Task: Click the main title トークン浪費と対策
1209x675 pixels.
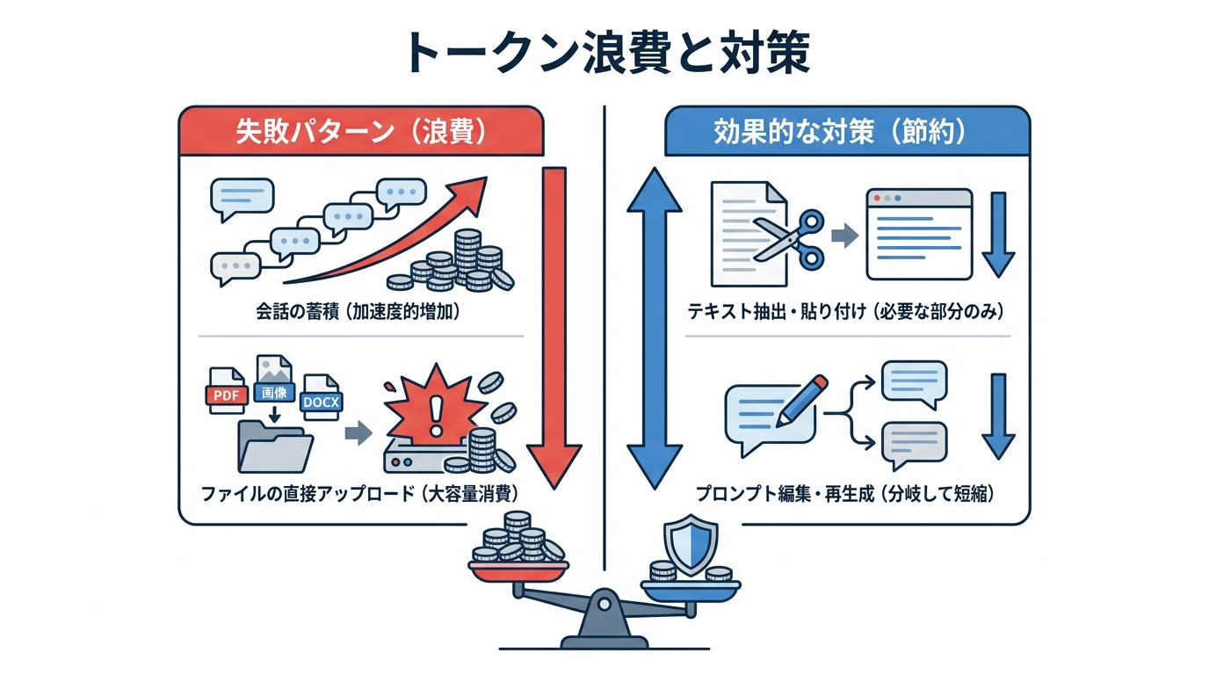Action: (604, 54)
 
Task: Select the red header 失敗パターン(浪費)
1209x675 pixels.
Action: (361, 132)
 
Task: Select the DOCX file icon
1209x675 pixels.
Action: (321, 400)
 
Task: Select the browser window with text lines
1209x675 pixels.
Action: (918, 233)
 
